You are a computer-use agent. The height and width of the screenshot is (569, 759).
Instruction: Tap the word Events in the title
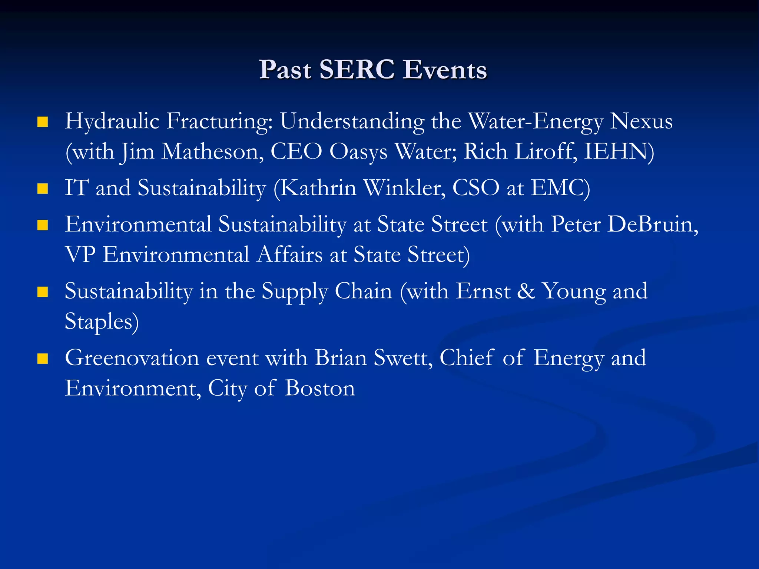point(445,69)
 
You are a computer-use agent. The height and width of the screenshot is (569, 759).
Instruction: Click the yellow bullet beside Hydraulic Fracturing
point(43,122)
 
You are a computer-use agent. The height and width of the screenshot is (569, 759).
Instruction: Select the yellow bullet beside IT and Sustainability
point(43,189)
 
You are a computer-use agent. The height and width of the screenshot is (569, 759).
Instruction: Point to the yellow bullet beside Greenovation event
point(43,359)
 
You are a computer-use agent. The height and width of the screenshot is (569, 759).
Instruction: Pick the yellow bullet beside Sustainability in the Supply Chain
point(43,292)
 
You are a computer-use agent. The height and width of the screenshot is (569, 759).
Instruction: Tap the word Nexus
point(641,121)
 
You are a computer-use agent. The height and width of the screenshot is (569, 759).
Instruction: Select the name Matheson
point(213,152)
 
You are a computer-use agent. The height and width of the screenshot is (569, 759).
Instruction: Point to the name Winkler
point(404,188)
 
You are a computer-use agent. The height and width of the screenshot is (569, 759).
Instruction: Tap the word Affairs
point(290,255)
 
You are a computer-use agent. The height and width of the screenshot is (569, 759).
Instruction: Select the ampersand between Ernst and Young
point(526,291)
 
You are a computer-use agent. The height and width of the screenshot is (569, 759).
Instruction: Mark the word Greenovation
point(132,358)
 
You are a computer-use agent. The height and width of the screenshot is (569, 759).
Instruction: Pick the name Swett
point(402,358)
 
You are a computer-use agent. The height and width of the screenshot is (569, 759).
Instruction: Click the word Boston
point(320,389)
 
